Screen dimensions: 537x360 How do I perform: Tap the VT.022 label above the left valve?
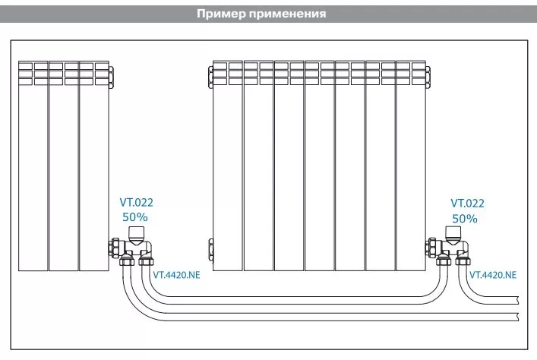click(136, 203)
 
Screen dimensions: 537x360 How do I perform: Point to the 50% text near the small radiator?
click(135, 216)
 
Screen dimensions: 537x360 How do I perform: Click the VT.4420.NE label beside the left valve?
click(176, 275)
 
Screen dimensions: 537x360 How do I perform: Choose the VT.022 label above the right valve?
click(467, 204)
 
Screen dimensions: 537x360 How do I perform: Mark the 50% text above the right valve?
click(465, 219)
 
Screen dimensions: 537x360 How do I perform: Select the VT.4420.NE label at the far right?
click(493, 275)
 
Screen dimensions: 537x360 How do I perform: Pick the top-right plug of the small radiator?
click(112, 77)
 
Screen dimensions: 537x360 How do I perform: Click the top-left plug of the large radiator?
click(210, 77)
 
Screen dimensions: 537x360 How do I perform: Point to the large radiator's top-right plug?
click(428, 77)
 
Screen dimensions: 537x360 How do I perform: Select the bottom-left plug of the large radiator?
click(210, 250)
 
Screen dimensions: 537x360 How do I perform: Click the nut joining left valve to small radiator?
click(115, 248)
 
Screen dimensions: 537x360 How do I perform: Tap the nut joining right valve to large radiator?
click(431, 248)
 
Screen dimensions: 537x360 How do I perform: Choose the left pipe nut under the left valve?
click(126, 261)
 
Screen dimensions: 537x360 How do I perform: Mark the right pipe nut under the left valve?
click(147, 261)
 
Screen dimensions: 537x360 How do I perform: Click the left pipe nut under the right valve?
click(443, 261)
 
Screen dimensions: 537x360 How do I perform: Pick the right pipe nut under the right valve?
click(463, 261)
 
